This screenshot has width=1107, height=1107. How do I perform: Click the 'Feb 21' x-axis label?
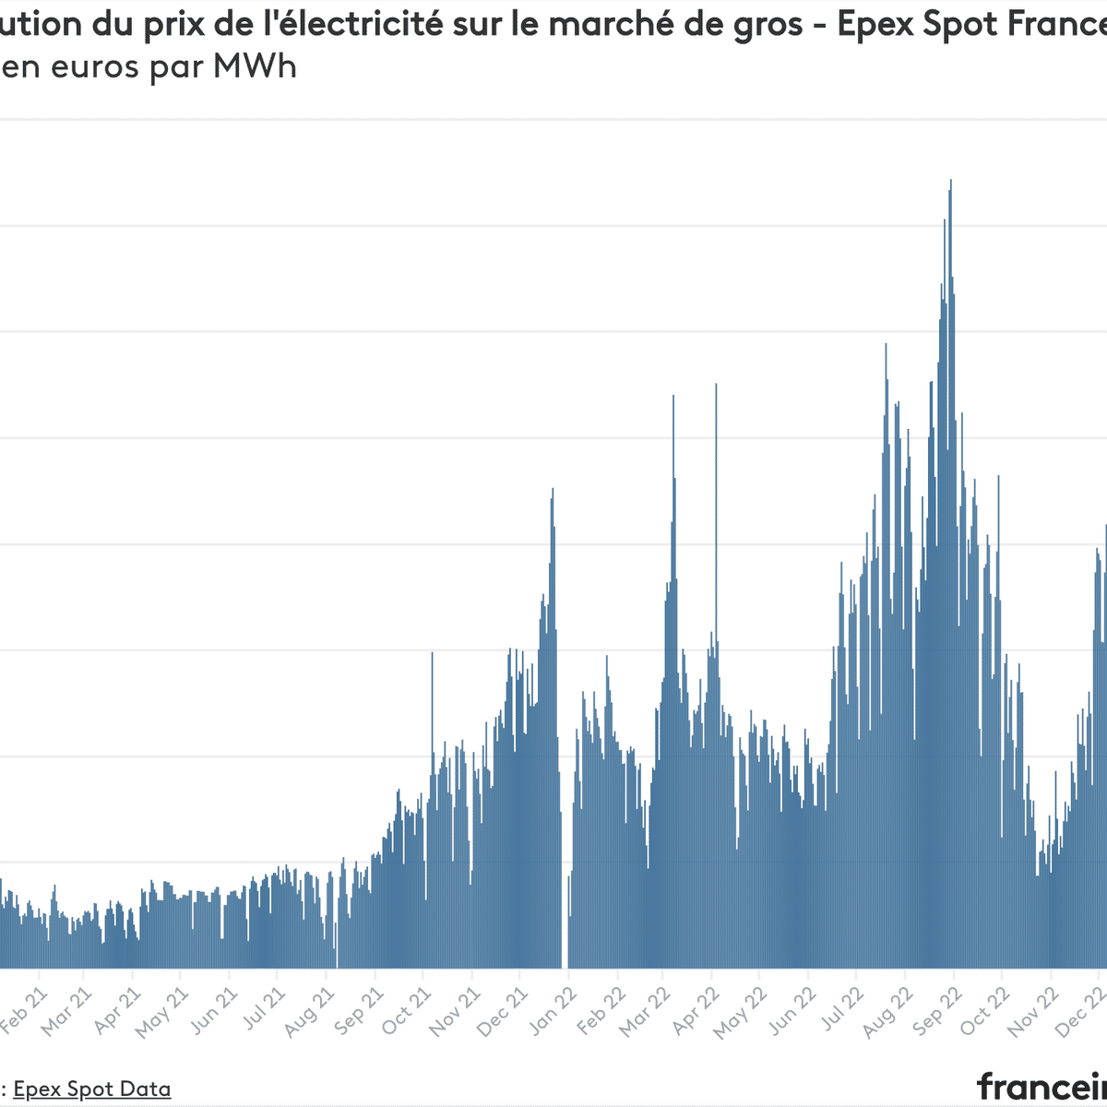pyautogui.click(x=25, y=1012)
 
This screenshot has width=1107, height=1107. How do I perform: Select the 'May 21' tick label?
pyautogui.click(x=164, y=1012)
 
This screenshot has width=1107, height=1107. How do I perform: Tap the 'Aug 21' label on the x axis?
pyautogui.click(x=310, y=1012)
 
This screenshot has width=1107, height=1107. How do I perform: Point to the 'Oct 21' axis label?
pyautogui.click(x=407, y=1012)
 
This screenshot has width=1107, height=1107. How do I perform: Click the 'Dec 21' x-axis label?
pyautogui.click(x=503, y=1012)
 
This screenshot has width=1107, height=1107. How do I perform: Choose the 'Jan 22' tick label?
pyautogui.click(x=553, y=1012)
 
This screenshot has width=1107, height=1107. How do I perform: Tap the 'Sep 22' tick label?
pyautogui.click(x=937, y=1012)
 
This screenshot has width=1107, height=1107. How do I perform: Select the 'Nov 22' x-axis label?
pyautogui.click(x=1034, y=1012)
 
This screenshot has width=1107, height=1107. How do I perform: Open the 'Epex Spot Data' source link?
pyautogui.click(x=91, y=1089)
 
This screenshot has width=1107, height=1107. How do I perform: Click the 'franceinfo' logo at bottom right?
pyautogui.click(x=1042, y=1086)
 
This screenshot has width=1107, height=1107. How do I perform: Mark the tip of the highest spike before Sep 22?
pyautogui.click(x=950, y=182)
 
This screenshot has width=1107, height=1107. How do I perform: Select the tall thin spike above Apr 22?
pyautogui.click(x=716, y=387)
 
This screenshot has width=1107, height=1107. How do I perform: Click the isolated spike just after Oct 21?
pyautogui.click(x=432, y=655)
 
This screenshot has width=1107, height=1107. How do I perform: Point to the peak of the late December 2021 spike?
pyautogui.click(x=552, y=490)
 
